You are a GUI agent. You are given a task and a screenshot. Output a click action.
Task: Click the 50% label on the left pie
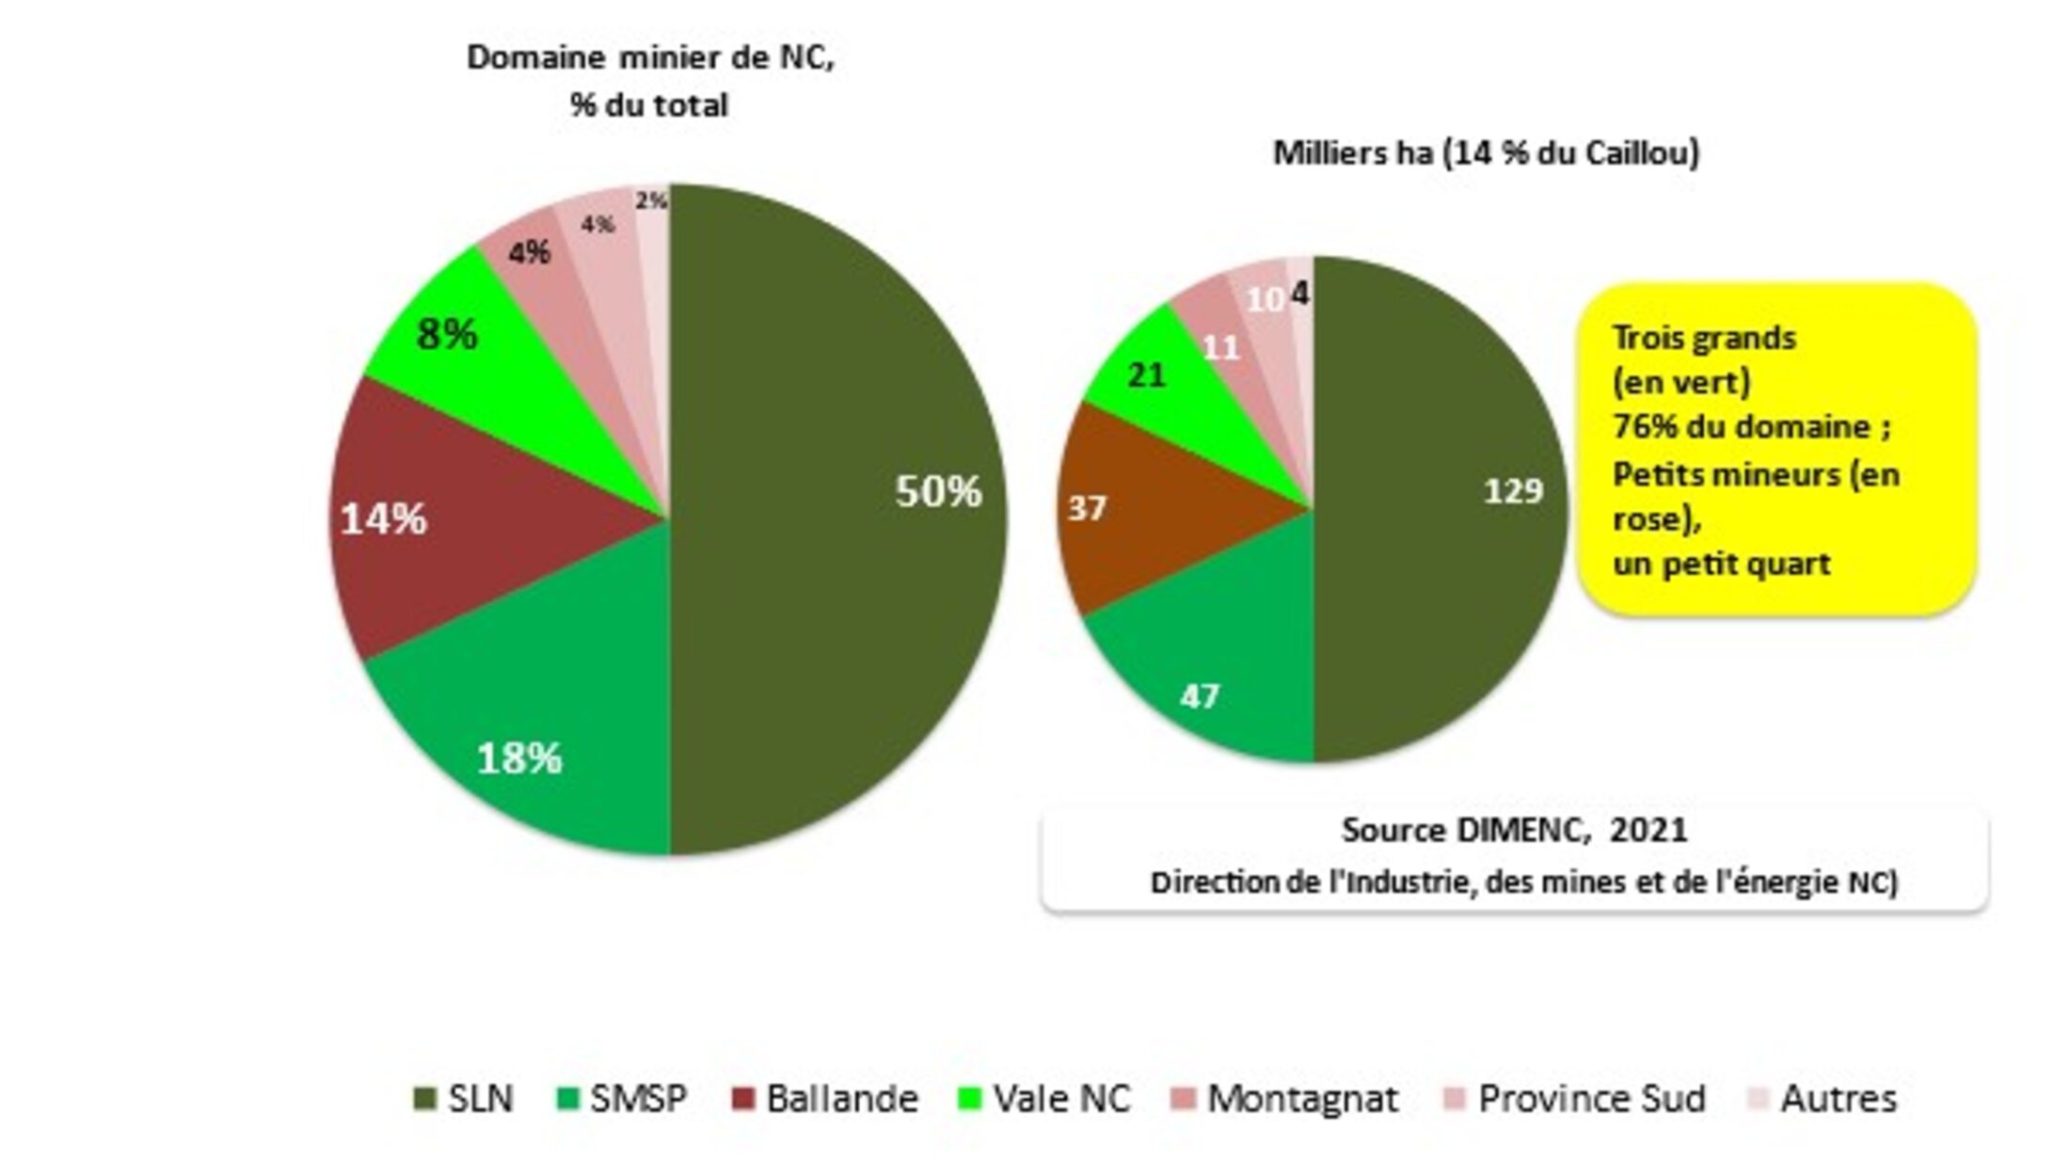pyautogui.click(x=938, y=491)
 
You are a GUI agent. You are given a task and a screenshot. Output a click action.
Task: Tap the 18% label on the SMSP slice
pyautogui.click(x=519, y=758)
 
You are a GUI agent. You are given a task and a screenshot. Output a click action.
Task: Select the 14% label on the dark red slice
pyautogui.click(x=383, y=518)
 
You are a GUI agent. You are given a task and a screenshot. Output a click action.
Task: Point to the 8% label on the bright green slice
pyautogui.click(x=446, y=334)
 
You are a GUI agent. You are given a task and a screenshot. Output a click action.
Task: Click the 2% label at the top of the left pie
pyautogui.click(x=651, y=200)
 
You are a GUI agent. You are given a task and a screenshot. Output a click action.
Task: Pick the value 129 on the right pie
pyautogui.click(x=1513, y=490)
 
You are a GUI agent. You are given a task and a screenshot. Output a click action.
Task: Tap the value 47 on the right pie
pyautogui.click(x=1200, y=696)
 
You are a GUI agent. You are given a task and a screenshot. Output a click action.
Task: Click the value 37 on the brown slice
pyautogui.click(x=1087, y=508)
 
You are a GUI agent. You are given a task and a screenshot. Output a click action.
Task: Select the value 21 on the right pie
pyautogui.click(x=1147, y=375)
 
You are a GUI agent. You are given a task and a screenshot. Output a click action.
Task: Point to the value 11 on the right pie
pyautogui.click(x=1221, y=349)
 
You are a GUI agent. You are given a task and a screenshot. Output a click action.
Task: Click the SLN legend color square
pyautogui.click(x=425, y=1098)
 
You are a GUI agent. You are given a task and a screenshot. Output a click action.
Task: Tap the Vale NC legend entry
pyautogui.click(x=1044, y=1098)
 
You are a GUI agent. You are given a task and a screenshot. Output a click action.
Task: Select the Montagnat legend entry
pyautogui.click(x=1285, y=1098)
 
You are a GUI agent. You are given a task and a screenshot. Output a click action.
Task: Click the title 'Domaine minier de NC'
pyautogui.click(x=650, y=57)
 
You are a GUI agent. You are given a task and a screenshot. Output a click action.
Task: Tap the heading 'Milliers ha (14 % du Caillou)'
pyautogui.click(x=1486, y=152)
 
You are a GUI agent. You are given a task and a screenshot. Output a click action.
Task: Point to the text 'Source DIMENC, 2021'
pyautogui.click(x=1514, y=830)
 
